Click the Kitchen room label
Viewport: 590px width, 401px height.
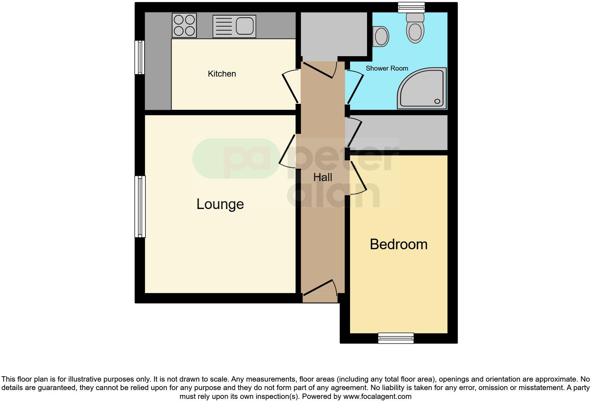(x=222, y=74)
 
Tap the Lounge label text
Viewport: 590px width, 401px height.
(x=220, y=204)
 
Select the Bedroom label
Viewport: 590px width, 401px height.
(x=398, y=244)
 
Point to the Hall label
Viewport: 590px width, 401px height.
(x=323, y=177)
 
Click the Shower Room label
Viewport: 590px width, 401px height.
(x=387, y=68)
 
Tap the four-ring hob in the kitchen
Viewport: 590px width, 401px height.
(x=184, y=25)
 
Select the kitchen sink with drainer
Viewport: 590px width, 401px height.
(x=234, y=26)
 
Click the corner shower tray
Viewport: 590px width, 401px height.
(x=423, y=88)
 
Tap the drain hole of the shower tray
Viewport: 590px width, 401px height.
(x=437, y=101)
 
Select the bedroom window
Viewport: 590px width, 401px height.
(x=396, y=338)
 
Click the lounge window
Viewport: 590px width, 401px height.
(x=140, y=207)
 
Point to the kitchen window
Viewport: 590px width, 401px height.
(x=140, y=57)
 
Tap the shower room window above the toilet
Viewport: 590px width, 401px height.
(x=411, y=7)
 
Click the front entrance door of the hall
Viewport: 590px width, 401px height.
(x=319, y=288)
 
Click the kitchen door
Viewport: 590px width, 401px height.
(x=291, y=86)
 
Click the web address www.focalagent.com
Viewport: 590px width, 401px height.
(x=377, y=396)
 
